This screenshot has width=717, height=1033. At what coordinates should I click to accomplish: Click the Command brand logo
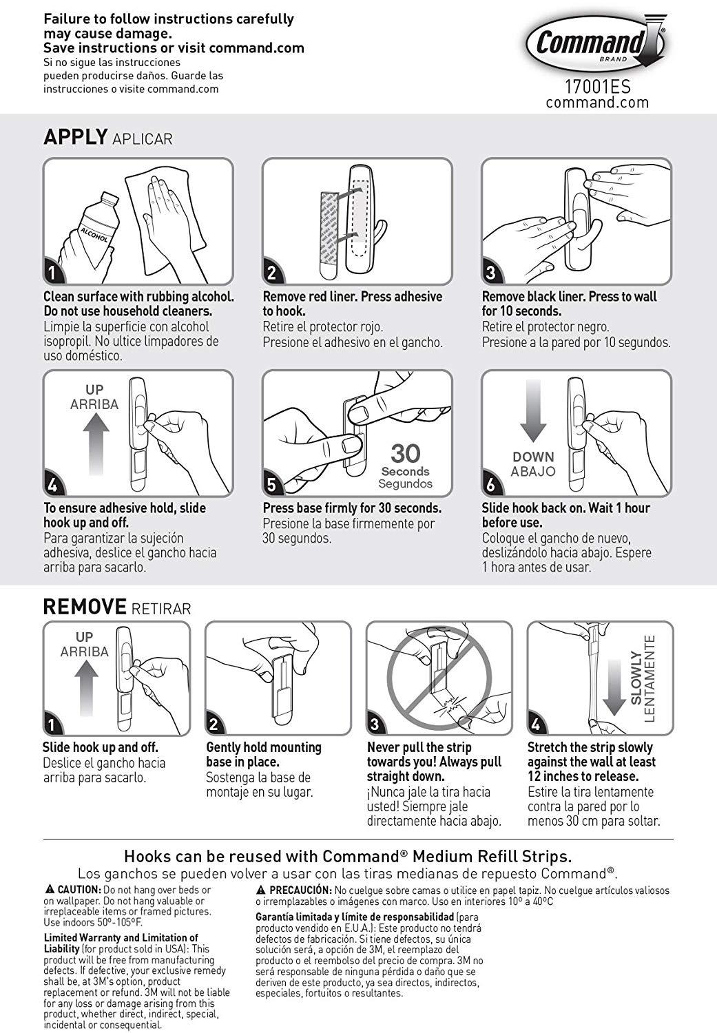pos(596,44)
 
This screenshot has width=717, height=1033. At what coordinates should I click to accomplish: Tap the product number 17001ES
pos(598,87)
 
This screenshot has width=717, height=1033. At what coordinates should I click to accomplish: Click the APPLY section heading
pos(76,137)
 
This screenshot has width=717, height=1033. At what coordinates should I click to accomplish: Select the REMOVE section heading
pos(85,607)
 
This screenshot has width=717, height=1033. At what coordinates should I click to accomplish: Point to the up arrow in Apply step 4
pos(96,444)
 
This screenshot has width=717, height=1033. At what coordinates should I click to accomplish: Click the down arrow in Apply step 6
pos(534,410)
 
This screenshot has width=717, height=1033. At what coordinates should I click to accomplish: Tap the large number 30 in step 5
pos(405,454)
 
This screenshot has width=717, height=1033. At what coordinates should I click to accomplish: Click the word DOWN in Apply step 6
pos(534,457)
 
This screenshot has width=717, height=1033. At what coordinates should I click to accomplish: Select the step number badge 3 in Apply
pos(490,273)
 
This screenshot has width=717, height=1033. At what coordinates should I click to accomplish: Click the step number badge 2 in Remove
pos(214,724)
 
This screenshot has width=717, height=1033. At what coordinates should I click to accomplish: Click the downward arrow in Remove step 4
pos(614,688)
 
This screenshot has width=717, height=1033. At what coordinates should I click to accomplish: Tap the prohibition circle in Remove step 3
pos(439,679)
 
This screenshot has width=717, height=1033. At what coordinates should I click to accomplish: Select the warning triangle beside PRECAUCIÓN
pos(261,890)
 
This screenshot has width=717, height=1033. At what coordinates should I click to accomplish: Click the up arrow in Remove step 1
pos(86,689)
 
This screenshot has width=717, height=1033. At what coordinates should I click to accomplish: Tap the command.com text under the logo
pos(598,102)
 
